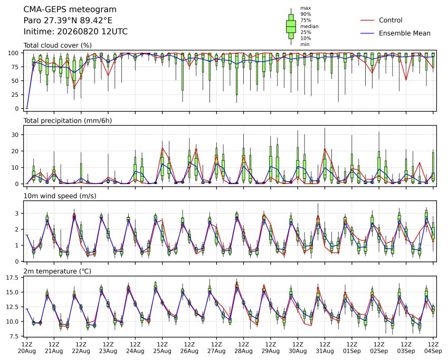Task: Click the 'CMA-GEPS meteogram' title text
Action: coord(70,10)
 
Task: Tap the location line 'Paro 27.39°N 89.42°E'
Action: coord(68,21)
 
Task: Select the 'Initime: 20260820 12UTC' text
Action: coord(75,32)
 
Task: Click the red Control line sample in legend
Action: coord(367,20)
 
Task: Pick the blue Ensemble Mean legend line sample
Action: coord(367,33)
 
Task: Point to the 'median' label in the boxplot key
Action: coord(309,26)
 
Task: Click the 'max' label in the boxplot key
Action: coord(306,8)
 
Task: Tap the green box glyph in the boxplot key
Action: coord(291,26)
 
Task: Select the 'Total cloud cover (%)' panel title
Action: coord(58,45)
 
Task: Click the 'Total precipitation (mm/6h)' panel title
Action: coord(68,121)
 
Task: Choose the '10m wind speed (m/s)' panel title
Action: coord(60,196)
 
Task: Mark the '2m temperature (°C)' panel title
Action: coord(57,271)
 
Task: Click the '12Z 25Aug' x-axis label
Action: coord(163,348)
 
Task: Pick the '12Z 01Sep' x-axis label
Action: coord(352,348)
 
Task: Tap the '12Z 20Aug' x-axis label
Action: coord(27,348)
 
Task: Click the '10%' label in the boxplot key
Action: coord(306,39)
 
